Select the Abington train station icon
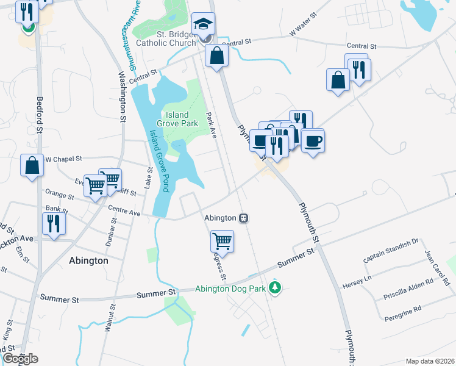243,218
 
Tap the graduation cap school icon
203,24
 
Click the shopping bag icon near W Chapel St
32,165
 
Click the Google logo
20,359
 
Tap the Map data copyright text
430,361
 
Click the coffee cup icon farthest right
313,141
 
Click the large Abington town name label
88,260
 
